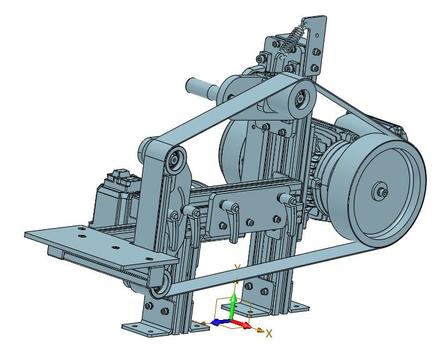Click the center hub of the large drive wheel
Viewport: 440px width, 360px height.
point(380,191)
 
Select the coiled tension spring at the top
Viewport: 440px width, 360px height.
point(295,37)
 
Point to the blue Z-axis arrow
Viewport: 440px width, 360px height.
point(220,322)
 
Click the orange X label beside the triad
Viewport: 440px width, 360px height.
point(269,333)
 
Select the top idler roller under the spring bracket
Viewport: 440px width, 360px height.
point(301,99)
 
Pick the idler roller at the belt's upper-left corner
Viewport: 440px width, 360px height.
point(175,160)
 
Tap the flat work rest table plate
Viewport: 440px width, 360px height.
point(100,246)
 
